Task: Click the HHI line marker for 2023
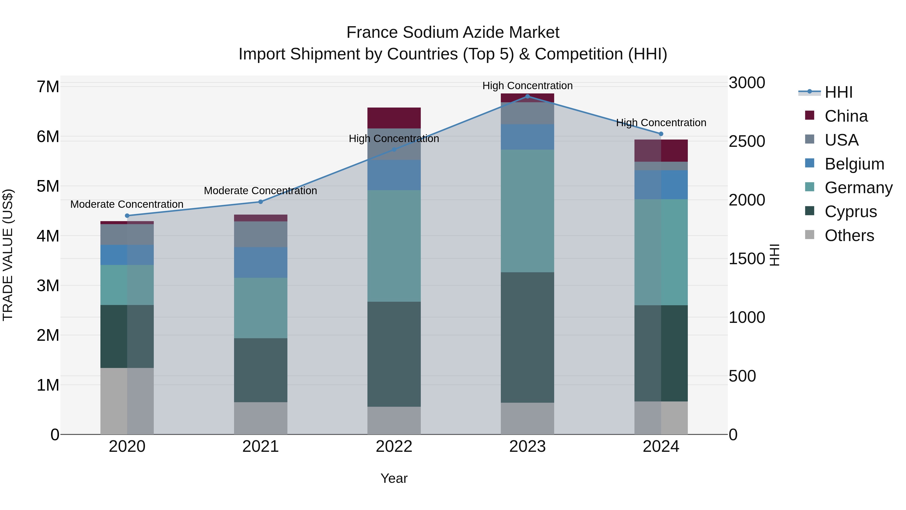(x=527, y=96)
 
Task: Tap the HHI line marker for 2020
(x=127, y=216)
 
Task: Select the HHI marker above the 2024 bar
(x=661, y=134)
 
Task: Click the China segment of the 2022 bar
(x=394, y=118)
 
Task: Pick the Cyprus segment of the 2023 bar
(x=527, y=337)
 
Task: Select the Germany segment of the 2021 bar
(x=261, y=308)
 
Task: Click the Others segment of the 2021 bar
(x=261, y=418)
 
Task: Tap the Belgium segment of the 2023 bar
(x=527, y=137)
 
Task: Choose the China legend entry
(x=846, y=116)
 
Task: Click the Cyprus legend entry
(x=850, y=212)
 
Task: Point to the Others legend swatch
(x=809, y=235)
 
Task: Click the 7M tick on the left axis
(x=48, y=87)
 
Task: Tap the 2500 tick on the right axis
(x=747, y=142)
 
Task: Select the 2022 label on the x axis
(x=394, y=447)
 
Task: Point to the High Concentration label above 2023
(x=527, y=86)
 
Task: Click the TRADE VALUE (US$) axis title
(x=8, y=255)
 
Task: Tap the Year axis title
(x=394, y=478)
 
